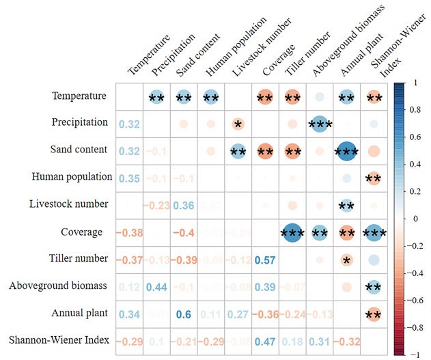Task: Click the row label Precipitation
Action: coord(80,122)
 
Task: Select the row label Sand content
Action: coord(80,149)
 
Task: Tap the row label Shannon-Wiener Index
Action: coord(60,340)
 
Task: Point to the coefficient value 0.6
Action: coord(183,314)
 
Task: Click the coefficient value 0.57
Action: coord(265,260)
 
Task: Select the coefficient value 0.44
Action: coord(156,287)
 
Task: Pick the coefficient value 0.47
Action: coord(265,341)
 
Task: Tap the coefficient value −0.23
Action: coord(156,205)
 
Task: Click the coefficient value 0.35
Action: coord(128,178)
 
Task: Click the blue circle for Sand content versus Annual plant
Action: coord(346,150)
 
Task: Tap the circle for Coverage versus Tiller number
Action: coord(292,232)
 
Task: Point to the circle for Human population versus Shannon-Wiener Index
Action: coord(374,178)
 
